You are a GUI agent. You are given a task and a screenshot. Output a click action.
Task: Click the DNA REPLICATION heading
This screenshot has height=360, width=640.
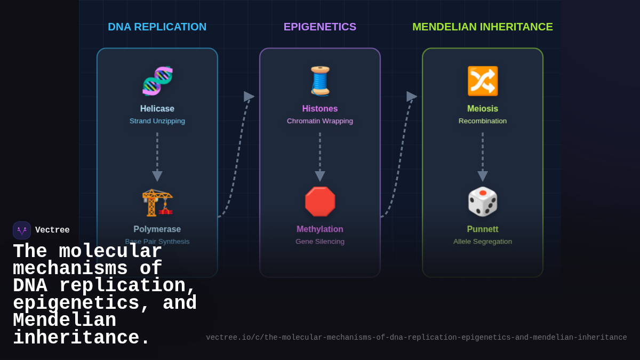tap(157, 27)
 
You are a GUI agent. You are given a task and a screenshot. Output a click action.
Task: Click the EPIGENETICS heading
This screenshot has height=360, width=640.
tap(319, 27)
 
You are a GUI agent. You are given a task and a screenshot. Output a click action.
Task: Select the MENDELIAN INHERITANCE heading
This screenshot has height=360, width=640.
tap(482, 27)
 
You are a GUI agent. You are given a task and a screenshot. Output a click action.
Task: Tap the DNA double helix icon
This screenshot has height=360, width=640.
tap(157, 81)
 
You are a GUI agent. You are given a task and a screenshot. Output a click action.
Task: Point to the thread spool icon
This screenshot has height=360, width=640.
tap(320, 81)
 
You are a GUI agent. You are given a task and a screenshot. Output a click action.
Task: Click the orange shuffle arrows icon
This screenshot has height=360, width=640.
tap(483, 81)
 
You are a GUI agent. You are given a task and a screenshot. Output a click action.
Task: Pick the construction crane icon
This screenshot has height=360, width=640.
tap(157, 202)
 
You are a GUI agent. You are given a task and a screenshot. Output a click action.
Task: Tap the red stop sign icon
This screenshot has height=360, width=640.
tap(320, 202)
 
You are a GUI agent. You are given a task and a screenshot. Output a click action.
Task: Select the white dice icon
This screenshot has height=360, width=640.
tap(483, 202)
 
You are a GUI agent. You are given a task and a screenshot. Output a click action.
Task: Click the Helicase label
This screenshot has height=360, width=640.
tap(157, 109)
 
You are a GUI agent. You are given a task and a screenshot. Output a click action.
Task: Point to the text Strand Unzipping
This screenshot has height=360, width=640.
tap(157, 121)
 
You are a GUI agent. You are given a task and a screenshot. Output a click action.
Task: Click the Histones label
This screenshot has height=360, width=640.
tap(320, 109)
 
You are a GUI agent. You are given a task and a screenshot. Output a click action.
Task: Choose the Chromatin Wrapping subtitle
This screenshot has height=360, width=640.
tap(320, 121)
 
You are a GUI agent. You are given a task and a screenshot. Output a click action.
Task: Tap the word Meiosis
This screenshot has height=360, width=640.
tap(483, 109)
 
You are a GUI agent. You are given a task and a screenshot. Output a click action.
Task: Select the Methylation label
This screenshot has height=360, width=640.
tap(320, 229)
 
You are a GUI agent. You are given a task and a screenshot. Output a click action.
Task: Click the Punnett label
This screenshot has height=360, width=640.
tap(483, 229)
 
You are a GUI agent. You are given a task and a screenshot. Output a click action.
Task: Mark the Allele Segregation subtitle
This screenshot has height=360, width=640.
tap(483, 242)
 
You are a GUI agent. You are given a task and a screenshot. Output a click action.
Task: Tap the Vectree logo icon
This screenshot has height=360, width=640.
tap(22, 230)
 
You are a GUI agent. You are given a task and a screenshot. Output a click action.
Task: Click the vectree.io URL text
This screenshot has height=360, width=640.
tap(416, 338)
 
